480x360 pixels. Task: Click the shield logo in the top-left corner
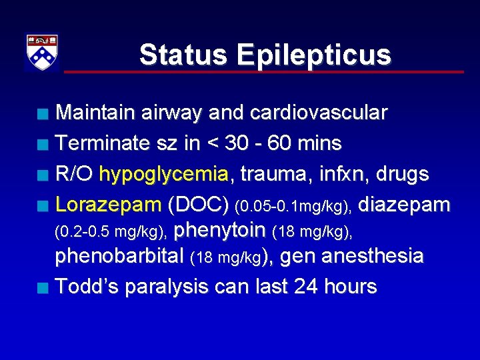(x=41, y=52)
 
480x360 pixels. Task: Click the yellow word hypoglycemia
(x=163, y=175)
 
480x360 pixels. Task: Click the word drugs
(x=403, y=175)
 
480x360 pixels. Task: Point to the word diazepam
(x=404, y=205)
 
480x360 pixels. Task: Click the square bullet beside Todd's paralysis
(x=43, y=288)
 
